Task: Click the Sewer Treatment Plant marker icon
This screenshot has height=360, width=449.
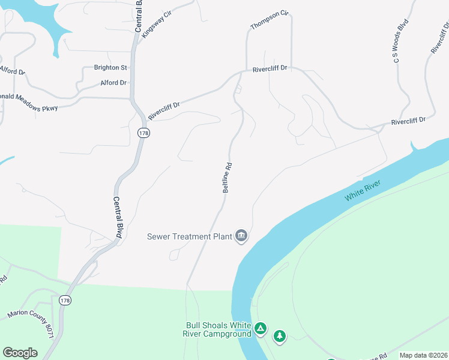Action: (241, 236)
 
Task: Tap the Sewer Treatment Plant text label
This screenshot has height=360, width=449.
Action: (190, 236)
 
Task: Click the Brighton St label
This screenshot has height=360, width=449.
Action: (111, 68)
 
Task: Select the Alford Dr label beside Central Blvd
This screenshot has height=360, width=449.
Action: (113, 83)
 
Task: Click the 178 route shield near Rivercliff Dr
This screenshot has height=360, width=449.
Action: (143, 133)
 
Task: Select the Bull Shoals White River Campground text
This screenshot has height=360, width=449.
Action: (217, 330)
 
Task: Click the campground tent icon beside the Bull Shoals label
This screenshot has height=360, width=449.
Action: (261, 328)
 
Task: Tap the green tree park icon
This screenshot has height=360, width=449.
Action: (279, 336)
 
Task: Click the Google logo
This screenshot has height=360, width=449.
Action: (20, 353)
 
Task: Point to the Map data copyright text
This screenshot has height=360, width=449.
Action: (423, 355)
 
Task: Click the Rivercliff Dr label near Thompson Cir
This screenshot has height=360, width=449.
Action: (271, 68)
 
